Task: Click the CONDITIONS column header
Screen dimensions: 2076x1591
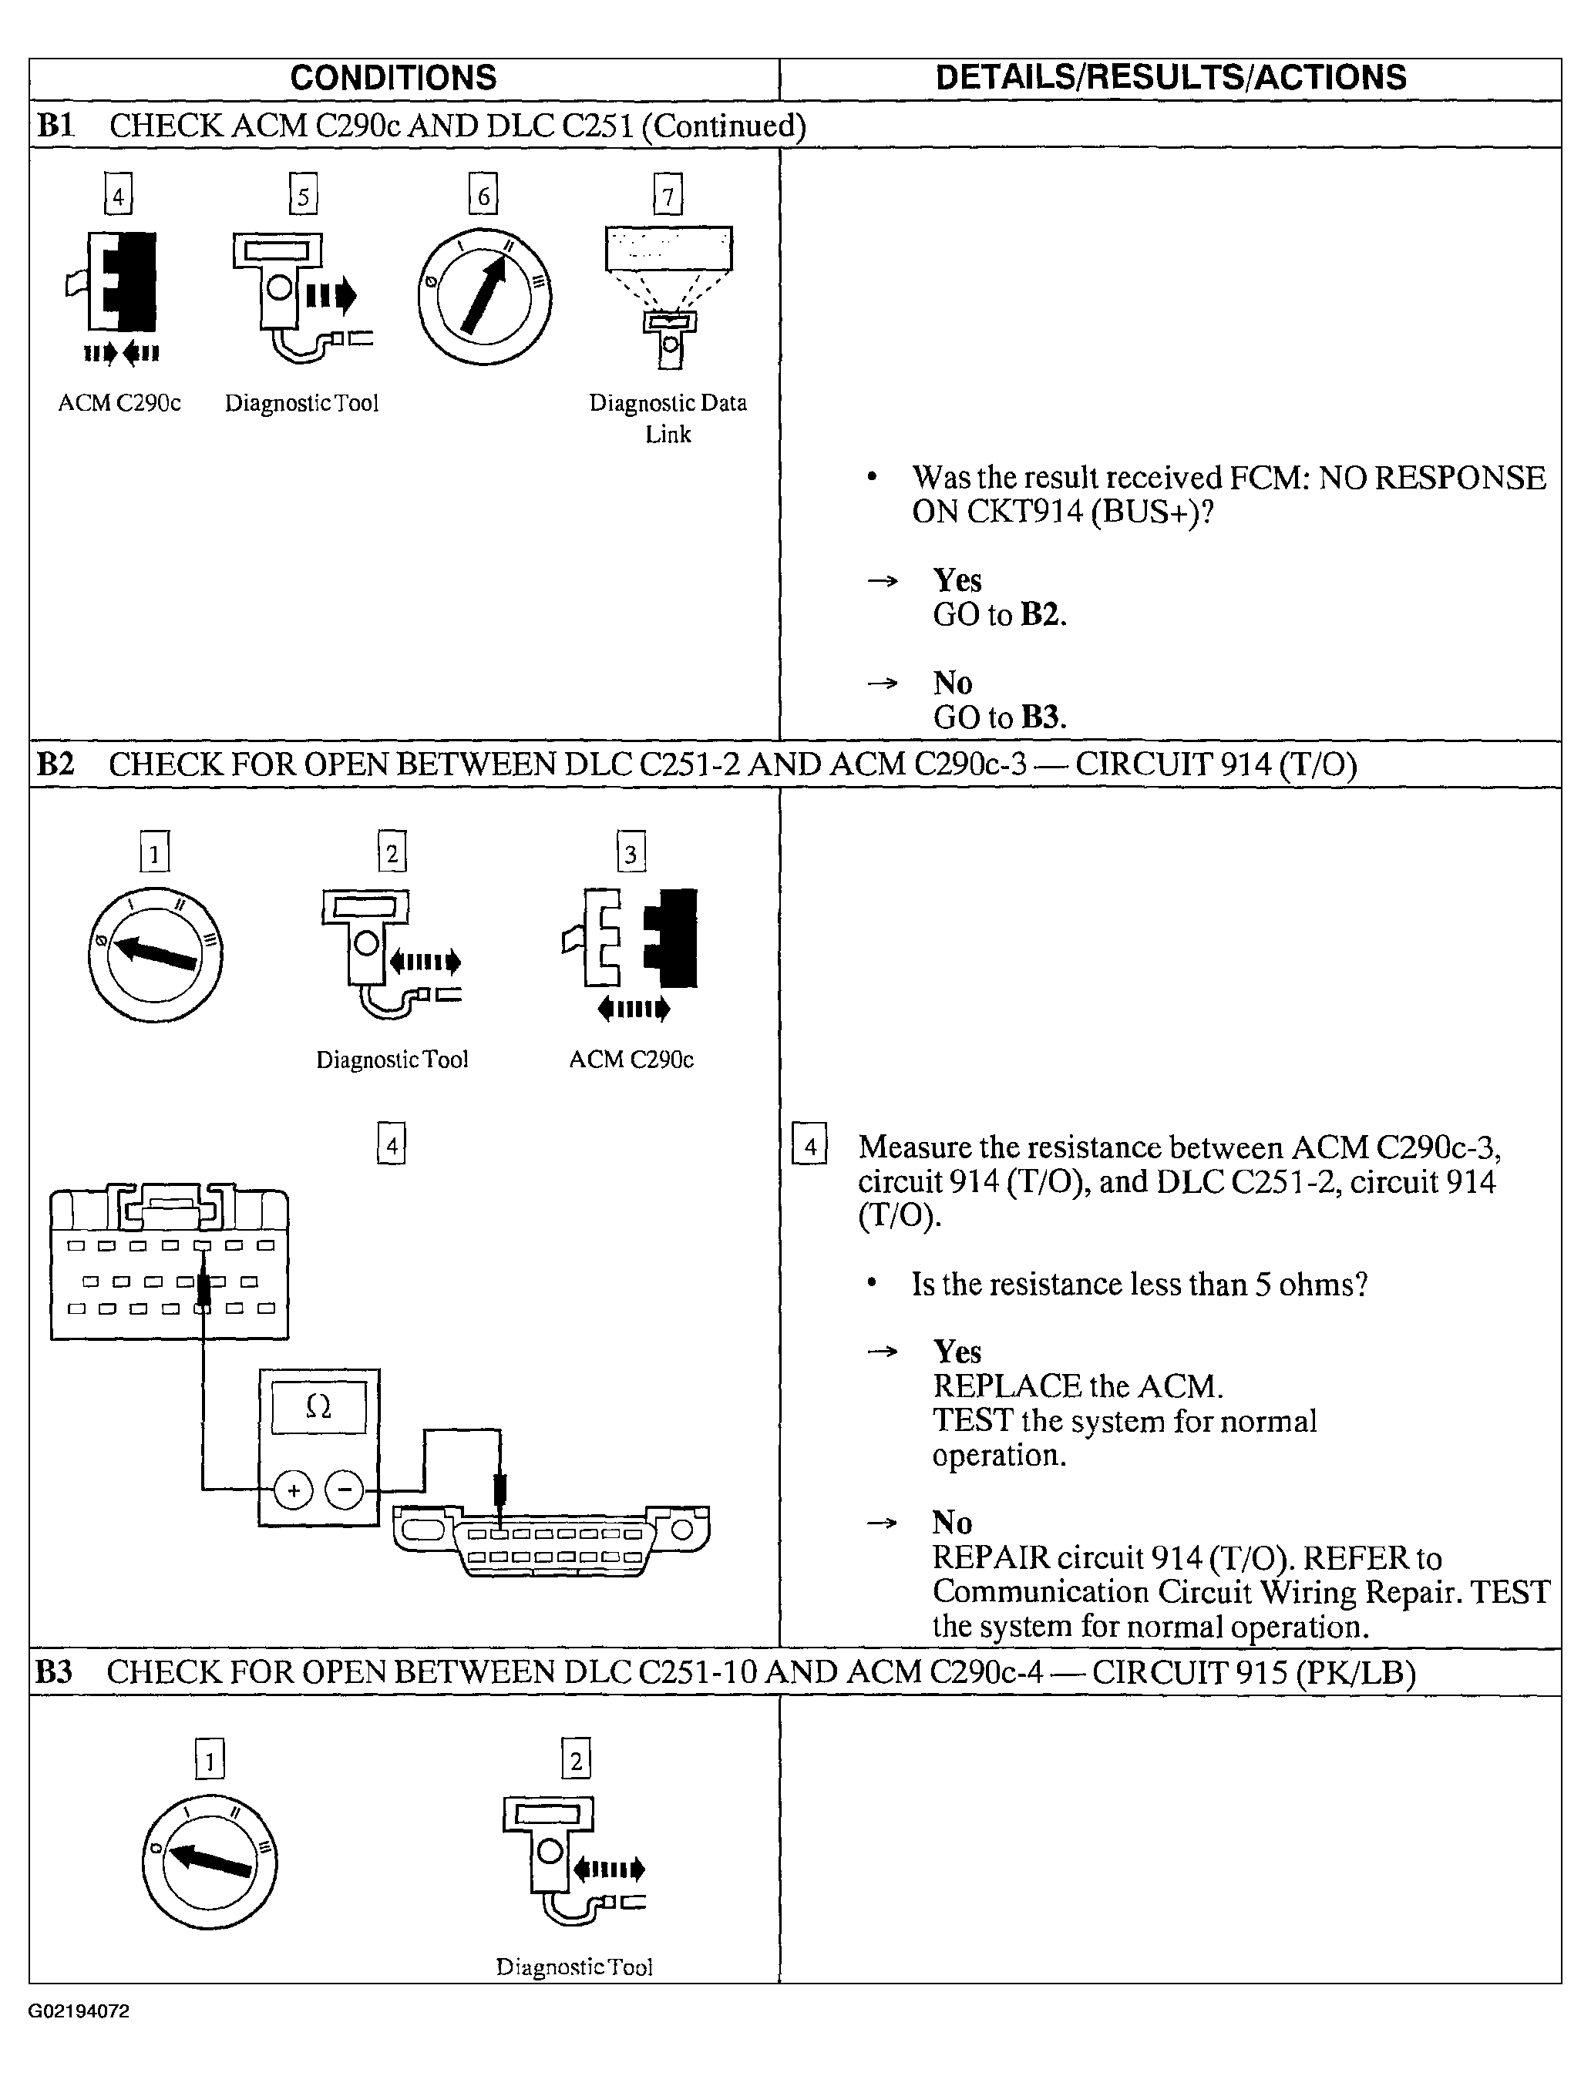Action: pyautogui.click(x=393, y=78)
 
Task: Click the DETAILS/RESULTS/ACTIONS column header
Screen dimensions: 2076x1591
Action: pyautogui.click(x=1171, y=78)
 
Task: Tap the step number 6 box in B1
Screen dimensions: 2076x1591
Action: pyautogui.click(x=483, y=195)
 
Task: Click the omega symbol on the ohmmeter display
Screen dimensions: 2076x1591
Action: pyautogui.click(x=319, y=1408)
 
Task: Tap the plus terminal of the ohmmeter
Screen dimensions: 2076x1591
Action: pyautogui.click(x=294, y=1491)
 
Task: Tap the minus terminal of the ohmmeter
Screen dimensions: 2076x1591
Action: pyautogui.click(x=345, y=1491)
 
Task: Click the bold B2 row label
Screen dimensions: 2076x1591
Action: pyautogui.click(x=55, y=764)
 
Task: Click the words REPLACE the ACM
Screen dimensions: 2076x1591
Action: pyautogui.click(x=1078, y=1386)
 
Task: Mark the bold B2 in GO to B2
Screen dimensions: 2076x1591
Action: pyautogui.click(x=1043, y=614)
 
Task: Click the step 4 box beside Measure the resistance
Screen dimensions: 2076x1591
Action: pyautogui.click(x=809, y=1144)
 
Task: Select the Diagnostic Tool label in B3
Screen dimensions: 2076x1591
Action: pyautogui.click(x=574, y=1966)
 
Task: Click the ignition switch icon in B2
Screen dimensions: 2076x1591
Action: pyautogui.click(x=154, y=953)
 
